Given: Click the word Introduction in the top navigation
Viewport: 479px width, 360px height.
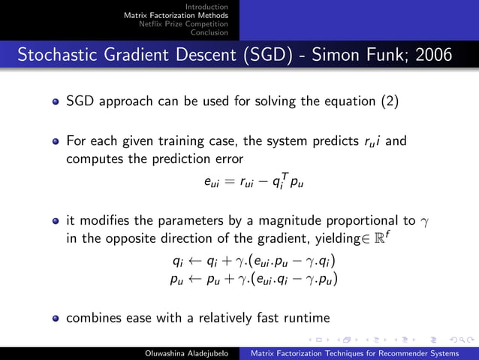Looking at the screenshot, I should click(212, 6).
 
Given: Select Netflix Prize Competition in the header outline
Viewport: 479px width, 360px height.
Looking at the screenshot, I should click(184, 23).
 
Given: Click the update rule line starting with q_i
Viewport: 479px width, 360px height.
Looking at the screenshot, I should click(253, 262).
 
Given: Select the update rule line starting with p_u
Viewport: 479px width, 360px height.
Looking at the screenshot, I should click(253, 279).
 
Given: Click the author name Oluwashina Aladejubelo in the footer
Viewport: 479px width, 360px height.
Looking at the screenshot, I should click(190, 352).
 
